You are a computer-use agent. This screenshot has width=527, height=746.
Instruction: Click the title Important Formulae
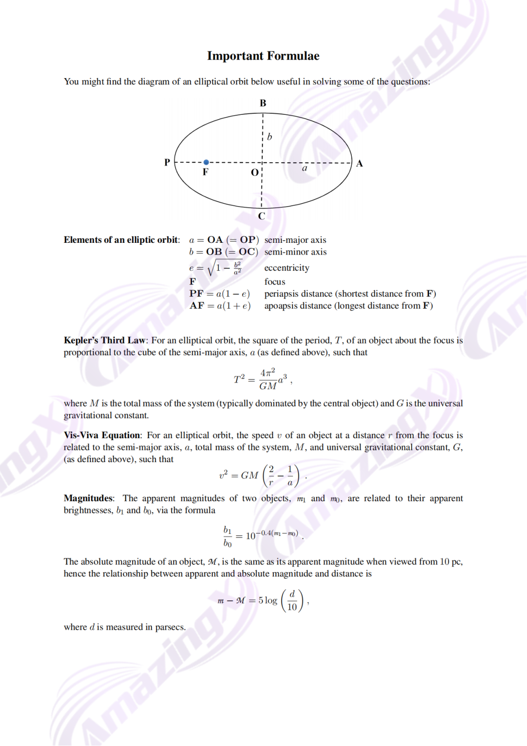(263, 56)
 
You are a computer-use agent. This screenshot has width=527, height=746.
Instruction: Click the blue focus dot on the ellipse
(206, 162)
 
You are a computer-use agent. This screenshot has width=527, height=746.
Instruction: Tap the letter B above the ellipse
(263, 103)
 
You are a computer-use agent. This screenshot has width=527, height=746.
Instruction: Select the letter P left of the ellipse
(167, 162)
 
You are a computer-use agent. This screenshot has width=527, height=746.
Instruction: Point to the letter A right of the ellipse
(360, 164)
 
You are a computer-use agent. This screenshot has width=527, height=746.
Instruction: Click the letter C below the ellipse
(262, 216)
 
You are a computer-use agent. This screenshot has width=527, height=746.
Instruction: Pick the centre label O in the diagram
(255, 172)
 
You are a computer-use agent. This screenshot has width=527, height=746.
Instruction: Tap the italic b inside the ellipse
(269, 137)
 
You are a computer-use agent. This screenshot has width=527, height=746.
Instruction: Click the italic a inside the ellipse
(304, 168)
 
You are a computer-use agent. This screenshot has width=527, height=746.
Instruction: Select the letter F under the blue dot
(205, 172)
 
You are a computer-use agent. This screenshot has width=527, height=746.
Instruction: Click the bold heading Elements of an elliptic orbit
(122, 240)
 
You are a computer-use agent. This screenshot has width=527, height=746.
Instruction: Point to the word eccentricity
(287, 268)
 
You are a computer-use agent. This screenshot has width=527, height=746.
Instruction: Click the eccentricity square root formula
(216, 267)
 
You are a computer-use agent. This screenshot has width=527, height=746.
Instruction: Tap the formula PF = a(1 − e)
(220, 294)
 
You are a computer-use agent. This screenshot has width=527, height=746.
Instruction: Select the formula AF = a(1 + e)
(220, 306)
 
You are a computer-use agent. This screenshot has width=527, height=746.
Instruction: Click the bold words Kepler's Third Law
(104, 341)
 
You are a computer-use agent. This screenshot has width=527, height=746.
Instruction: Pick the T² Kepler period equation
(262, 379)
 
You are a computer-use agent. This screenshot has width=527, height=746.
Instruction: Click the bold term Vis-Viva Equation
(102, 435)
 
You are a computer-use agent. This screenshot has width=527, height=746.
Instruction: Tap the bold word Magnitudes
(88, 498)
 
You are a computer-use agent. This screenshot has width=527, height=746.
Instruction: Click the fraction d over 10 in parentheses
(292, 600)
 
